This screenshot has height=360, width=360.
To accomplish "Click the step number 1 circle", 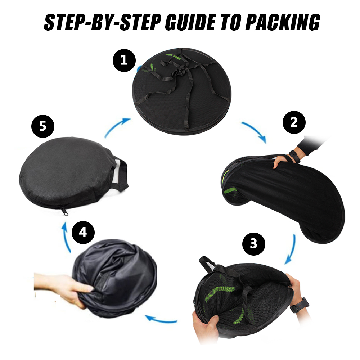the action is click(124, 60).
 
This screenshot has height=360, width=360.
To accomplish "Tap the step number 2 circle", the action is click(294, 122).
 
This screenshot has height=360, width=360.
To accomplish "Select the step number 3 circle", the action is click(254, 244).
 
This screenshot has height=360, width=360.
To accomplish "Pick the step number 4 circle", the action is click(83, 233).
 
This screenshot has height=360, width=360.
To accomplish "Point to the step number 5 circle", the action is click(43, 126).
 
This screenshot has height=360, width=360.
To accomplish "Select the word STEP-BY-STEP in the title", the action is click(102, 22).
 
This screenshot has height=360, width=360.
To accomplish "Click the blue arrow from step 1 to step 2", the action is click(255, 131).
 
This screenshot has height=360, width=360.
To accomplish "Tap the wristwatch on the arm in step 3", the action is click(299, 305).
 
